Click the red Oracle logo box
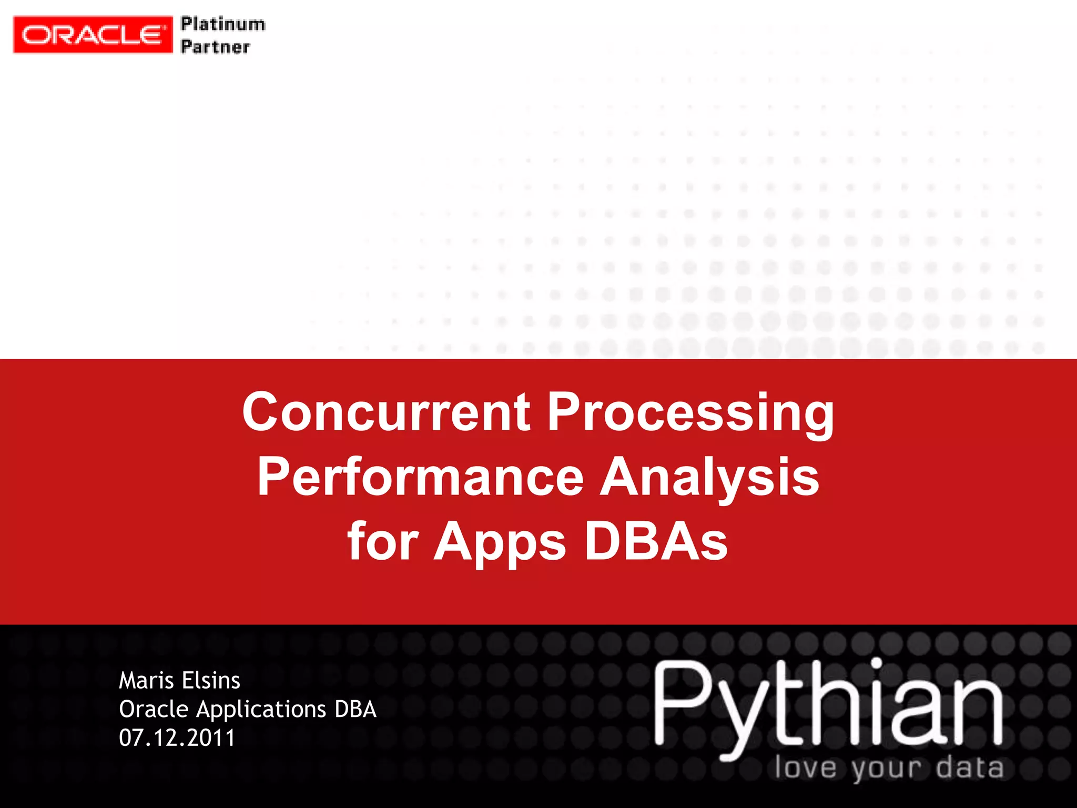(93, 35)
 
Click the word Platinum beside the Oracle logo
(223, 24)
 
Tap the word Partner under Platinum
(215, 47)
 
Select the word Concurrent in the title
(386, 411)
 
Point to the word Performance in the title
(420, 477)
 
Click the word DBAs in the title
(656, 542)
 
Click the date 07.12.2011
(177, 738)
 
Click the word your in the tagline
(887, 769)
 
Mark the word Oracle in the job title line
(154, 709)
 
